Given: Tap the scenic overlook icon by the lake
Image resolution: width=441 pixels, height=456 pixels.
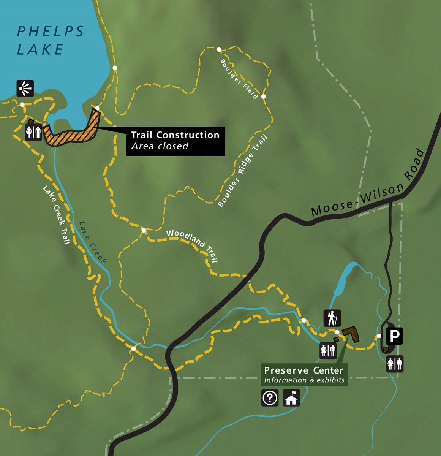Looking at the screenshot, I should pos(25,89).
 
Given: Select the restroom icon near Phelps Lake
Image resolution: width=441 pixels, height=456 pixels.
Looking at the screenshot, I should pos(33,132).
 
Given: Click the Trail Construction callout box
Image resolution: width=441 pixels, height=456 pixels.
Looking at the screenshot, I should pos(175,141).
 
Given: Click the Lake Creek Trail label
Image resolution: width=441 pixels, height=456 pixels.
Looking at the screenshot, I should pos(57,215).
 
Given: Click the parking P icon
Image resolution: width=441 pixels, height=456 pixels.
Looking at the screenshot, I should pos(394,336).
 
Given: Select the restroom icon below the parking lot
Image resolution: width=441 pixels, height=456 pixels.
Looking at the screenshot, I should pos(395,364).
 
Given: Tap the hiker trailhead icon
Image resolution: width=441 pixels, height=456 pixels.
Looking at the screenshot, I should pos(332,318).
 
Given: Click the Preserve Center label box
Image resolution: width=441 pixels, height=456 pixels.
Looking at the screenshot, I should pos(304,375).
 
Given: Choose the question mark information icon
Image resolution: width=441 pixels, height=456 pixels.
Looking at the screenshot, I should pos(270,398).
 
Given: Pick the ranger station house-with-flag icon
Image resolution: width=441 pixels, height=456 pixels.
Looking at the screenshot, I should pos(291,398).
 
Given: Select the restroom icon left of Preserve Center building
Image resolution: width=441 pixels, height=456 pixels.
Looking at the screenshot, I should pos(328,351).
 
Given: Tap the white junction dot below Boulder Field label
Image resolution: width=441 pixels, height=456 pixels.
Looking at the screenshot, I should pos(264,97).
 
